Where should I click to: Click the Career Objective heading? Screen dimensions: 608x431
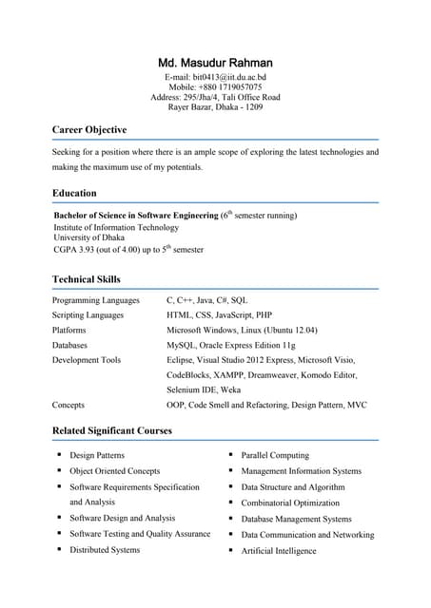tap(89, 129)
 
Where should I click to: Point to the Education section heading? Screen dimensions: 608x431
tap(74, 193)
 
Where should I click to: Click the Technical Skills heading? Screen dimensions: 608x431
tap(87, 279)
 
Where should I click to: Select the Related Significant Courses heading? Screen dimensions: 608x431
tap(112, 430)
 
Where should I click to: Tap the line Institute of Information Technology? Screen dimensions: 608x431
tap(116, 227)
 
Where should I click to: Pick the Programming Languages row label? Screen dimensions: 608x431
tap(96, 300)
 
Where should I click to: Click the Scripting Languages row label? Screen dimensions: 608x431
tap(88, 314)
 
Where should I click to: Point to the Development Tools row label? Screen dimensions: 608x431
tap(87, 360)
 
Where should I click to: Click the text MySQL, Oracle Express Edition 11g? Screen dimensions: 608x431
tap(231, 345)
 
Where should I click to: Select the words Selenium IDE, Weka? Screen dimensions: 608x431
tap(204, 389)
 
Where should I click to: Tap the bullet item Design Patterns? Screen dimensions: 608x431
tap(97, 455)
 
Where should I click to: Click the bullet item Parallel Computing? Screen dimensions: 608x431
tap(275, 455)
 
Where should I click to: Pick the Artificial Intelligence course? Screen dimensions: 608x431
tap(279, 550)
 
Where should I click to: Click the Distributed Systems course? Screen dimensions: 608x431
tap(105, 549)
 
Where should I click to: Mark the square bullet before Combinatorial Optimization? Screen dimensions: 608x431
tap(231, 502)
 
